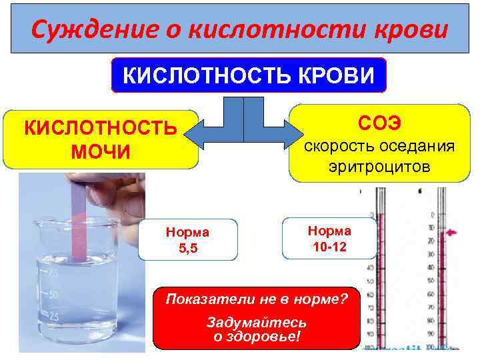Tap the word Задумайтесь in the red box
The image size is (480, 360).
pos(257,322)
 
